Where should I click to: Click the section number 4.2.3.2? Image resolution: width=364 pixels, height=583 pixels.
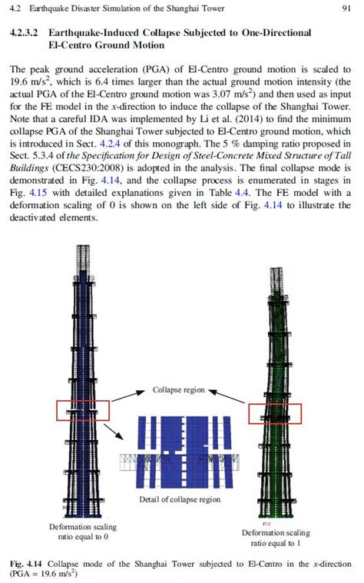click(x=25, y=34)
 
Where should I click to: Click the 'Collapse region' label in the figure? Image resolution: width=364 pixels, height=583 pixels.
click(x=178, y=389)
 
